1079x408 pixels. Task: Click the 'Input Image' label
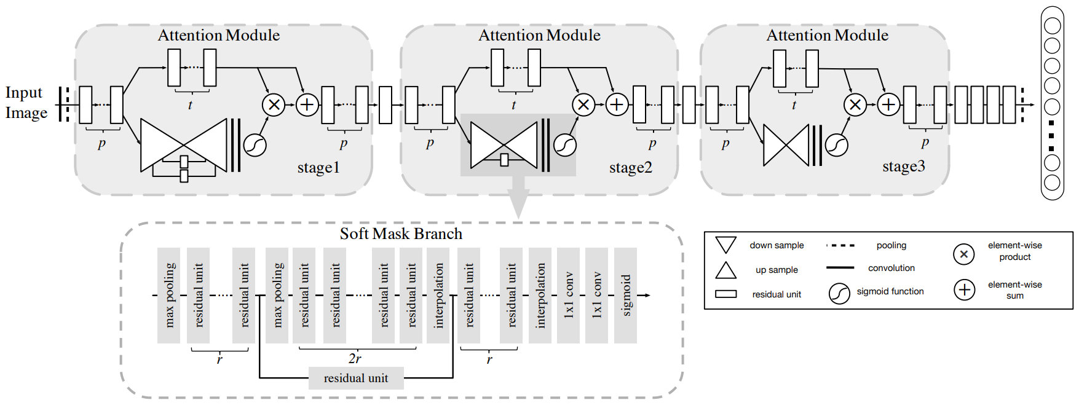26,103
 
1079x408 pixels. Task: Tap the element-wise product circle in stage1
274,104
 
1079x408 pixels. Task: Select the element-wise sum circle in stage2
617,104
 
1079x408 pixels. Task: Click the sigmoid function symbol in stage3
837,145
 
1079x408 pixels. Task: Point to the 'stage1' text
318,167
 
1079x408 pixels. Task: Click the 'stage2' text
630,167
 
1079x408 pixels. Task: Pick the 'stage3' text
904,166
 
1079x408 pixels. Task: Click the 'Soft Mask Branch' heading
401,233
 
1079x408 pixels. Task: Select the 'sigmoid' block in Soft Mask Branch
626,296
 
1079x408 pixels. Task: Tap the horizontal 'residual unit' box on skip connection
356,378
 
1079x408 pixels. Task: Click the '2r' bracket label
355,358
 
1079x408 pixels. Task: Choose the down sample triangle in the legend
725,245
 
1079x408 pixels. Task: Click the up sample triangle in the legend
725,270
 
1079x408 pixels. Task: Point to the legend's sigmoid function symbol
839,294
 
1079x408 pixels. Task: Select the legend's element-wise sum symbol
965,289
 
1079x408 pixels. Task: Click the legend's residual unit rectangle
725,294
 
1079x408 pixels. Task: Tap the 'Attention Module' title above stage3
827,35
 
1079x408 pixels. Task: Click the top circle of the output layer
1052,26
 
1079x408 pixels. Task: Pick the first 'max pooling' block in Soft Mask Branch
168,296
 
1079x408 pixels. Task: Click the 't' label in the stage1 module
190,105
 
